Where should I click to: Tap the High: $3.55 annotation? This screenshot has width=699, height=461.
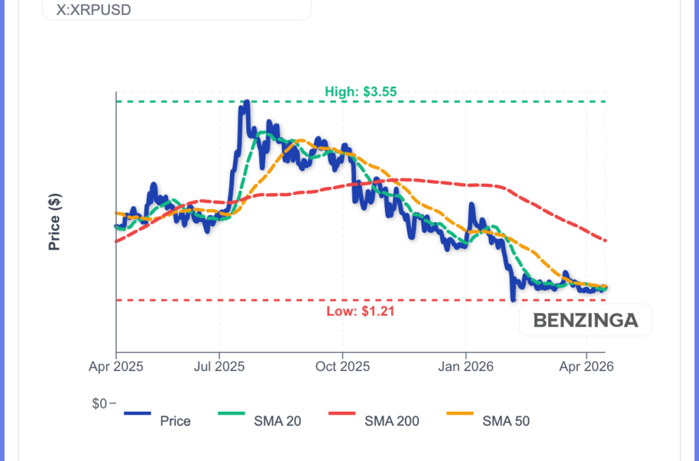point(361,91)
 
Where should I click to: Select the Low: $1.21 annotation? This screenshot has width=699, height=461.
point(361,311)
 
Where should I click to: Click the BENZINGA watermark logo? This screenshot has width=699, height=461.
point(585,320)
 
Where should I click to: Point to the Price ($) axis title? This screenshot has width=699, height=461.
point(55,222)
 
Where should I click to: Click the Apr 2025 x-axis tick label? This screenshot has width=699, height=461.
point(116,367)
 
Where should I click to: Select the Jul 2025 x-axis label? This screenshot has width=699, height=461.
point(219,367)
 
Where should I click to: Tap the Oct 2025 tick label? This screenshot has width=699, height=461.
point(343,367)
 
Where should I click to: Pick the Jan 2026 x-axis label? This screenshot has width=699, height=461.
point(466,367)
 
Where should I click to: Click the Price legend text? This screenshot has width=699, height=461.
point(175,421)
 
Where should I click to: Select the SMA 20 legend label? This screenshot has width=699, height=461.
point(277,421)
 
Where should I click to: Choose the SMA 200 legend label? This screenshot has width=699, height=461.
point(393,421)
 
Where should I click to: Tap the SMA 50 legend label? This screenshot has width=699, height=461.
point(506,421)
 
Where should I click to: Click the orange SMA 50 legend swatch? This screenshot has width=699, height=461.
point(468,413)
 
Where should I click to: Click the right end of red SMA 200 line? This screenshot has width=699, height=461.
point(605,240)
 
